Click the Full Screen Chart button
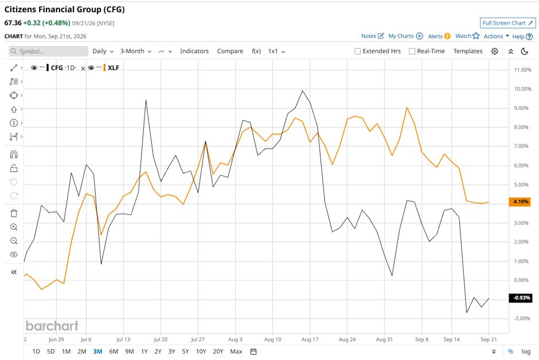pyautogui.click(x=507, y=23)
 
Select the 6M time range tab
pyautogui.click(x=114, y=351)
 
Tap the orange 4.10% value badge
pyautogui.click(x=520, y=202)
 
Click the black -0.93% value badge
pyautogui.click(x=521, y=298)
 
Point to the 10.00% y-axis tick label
pyautogui.click(x=522, y=89)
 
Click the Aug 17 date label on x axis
pyautogui.click(x=310, y=339)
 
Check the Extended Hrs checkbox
pyautogui.click(x=357, y=51)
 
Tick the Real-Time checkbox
pyautogui.click(x=412, y=51)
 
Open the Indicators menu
pyautogui.click(x=194, y=51)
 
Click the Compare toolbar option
pyautogui.click(x=230, y=51)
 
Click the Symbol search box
pyautogui.click(x=49, y=51)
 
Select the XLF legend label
pyautogui.click(x=113, y=68)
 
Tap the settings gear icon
pyautogui.click(x=494, y=51)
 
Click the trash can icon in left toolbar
pyautogui.click(x=14, y=213)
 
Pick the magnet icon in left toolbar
pyautogui.click(x=14, y=154)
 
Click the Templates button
pyautogui.click(x=468, y=51)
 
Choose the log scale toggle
pyautogui.click(x=526, y=351)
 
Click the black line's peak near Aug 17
pyautogui.click(x=303, y=91)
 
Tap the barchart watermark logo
pyautogui.click(x=52, y=326)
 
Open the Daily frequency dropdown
pyautogui.click(x=103, y=51)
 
